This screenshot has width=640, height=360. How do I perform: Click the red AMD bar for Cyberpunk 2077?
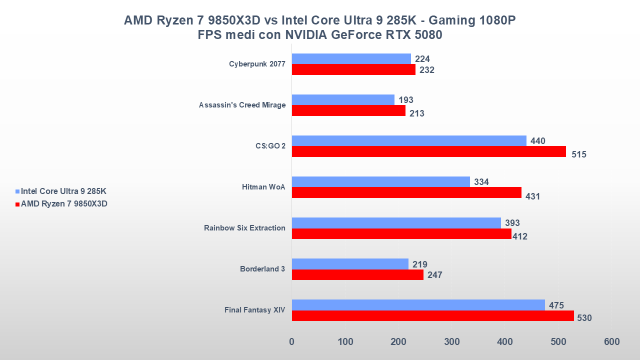(353, 70)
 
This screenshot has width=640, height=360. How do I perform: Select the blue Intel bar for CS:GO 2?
(409, 141)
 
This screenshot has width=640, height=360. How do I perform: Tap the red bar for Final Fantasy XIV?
(433, 316)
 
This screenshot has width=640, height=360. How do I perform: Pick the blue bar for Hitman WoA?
(381, 182)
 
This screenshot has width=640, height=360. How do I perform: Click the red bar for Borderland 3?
(357, 275)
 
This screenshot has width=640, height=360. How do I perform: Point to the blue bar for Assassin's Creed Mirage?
(343, 100)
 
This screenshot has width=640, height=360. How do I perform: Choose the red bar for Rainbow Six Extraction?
(401, 234)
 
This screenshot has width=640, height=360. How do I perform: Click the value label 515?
(579, 154)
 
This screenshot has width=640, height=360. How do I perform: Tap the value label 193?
(405, 100)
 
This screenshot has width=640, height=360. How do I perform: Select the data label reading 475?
(556, 305)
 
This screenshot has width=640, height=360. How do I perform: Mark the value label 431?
(533, 196)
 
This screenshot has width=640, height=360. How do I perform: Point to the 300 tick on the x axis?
(451, 342)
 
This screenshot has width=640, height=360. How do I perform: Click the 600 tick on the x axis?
(611, 342)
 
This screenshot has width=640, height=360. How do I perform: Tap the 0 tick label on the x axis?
(291, 342)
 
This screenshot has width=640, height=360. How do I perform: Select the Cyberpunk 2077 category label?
(257, 64)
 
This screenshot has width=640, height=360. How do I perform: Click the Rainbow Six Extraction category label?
(244, 228)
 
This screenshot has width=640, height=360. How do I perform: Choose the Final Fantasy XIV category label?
(254, 310)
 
